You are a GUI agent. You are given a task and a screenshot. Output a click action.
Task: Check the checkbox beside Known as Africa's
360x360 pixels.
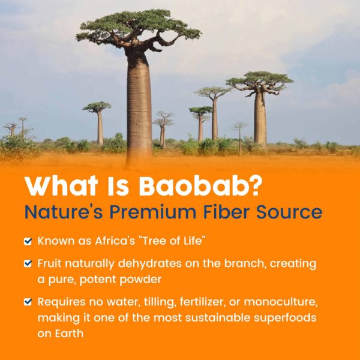pos(28,241)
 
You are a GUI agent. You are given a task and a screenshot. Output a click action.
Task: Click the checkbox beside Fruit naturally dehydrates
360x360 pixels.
pos(28,264)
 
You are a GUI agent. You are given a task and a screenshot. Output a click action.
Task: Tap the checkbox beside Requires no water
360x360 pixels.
pos(28,302)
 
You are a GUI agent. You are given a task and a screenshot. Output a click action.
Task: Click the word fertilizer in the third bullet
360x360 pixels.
pos(200,302)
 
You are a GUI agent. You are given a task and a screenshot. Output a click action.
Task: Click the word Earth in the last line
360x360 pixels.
pos(68,332)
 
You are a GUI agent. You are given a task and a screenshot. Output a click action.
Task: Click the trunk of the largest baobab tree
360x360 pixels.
pos(139,108)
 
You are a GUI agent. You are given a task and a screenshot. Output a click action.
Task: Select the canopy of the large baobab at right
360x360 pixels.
pos(259,81)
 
